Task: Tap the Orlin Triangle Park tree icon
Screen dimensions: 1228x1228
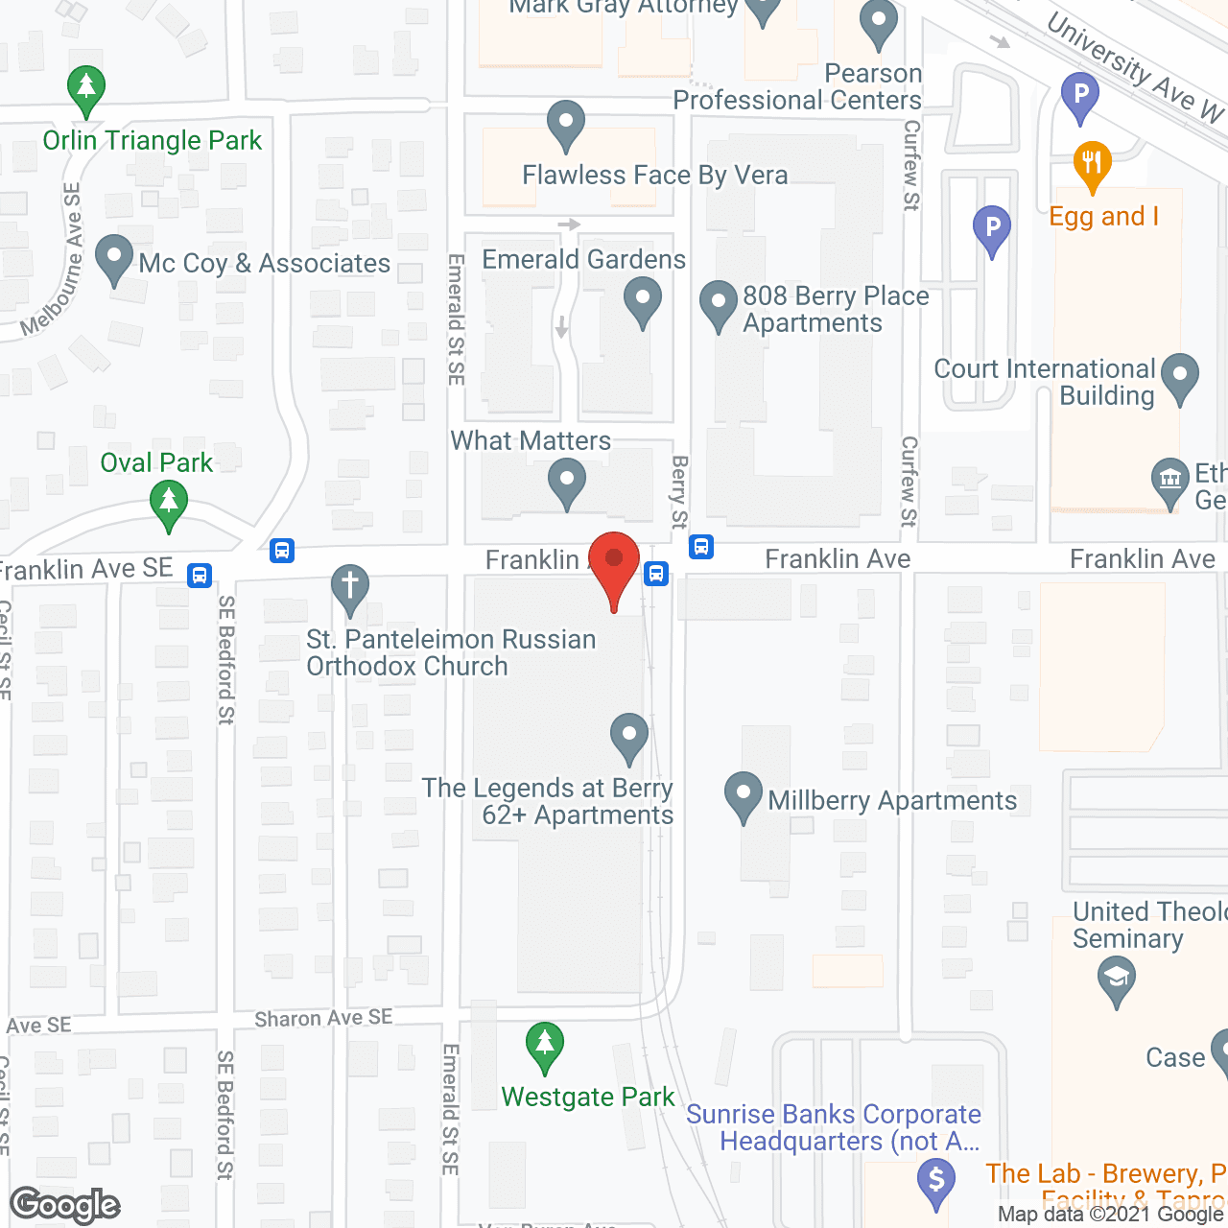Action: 86,88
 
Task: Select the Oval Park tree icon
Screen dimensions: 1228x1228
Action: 169,503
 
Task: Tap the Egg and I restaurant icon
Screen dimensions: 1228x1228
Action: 1092,163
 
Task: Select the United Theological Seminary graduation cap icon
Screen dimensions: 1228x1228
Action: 1117,979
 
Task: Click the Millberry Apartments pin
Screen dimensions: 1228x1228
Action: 744,794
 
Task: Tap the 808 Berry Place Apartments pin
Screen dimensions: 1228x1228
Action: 719,302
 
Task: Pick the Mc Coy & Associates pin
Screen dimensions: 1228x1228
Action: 114,257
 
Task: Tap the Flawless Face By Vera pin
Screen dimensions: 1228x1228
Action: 566,122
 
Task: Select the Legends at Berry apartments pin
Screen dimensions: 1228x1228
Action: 629,736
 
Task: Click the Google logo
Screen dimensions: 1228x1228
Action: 65,1205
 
